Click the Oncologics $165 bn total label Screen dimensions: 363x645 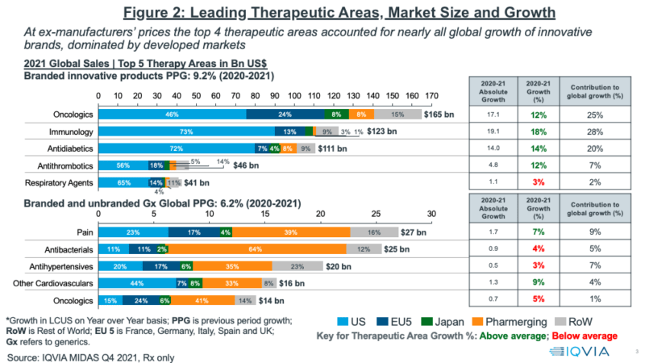click(447, 115)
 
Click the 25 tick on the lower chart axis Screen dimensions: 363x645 click(375, 214)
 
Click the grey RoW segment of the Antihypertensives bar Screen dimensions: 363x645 click(298, 266)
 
